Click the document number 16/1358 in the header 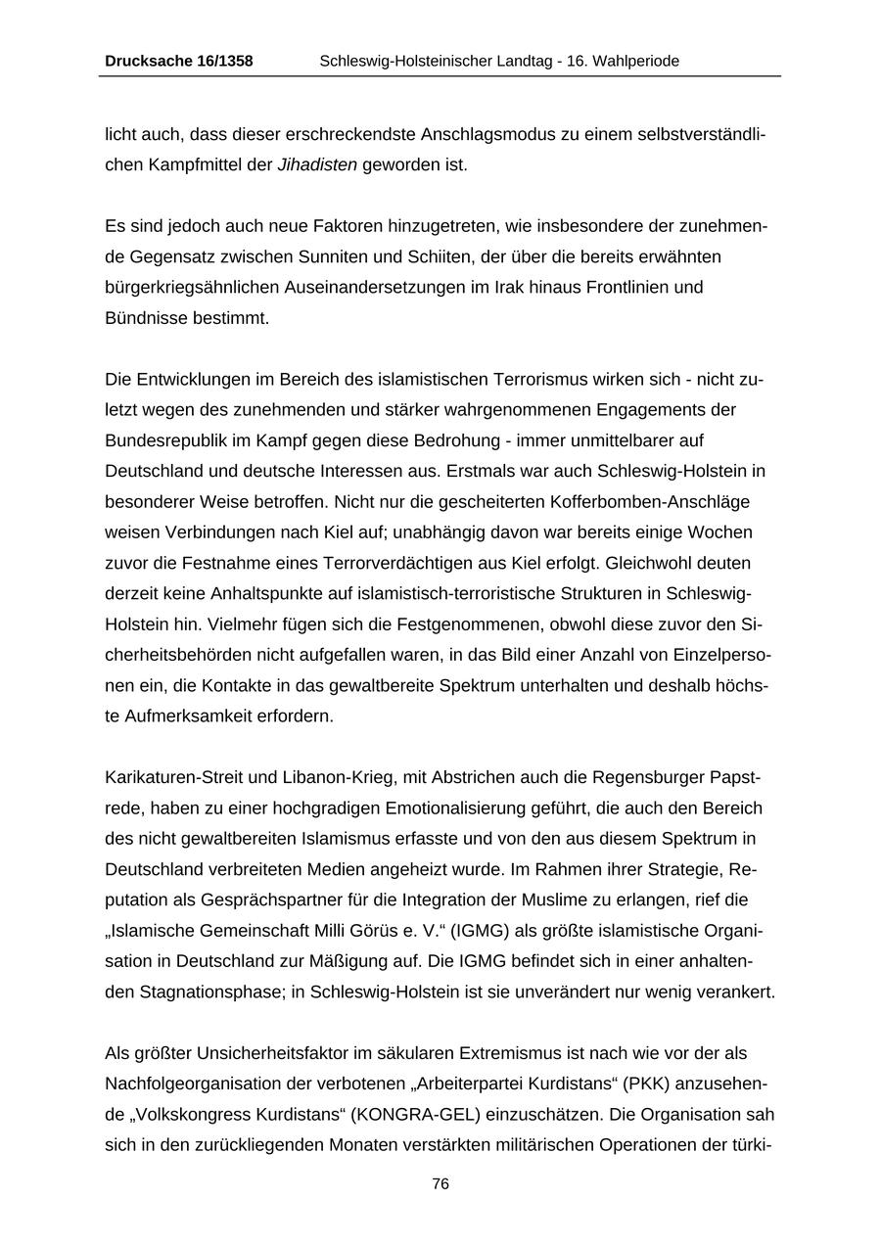pos(220,61)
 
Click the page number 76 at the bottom pos(440,1183)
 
